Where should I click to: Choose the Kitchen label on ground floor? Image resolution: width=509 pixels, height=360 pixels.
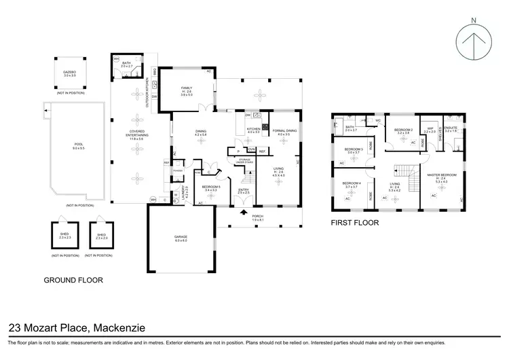[253, 129]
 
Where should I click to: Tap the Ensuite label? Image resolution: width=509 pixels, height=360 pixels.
[452, 128]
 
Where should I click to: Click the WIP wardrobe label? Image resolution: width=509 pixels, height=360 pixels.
[430, 129]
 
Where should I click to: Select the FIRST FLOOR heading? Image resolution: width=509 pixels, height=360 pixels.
[354, 222]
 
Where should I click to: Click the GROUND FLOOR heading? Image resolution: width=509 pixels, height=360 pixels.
[73, 279]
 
